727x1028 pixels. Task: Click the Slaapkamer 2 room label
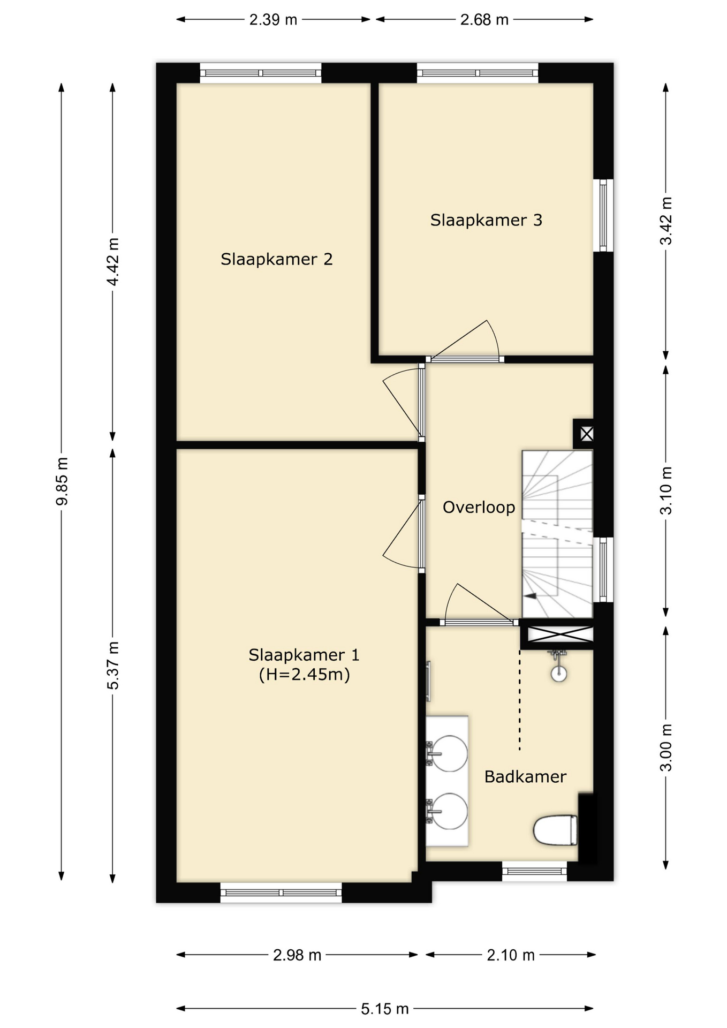click(x=276, y=260)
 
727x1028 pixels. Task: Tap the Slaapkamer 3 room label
click(x=486, y=220)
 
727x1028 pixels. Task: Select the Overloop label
click(x=479, y=507)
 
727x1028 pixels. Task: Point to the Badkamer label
click(x=525, y=776)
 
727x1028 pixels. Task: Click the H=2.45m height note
click(x=304, y=674)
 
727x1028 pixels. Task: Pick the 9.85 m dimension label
click(x=62, y=481)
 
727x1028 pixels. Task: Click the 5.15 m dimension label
click(x=384, y=1009)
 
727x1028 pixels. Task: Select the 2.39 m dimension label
click(x=273, y=20)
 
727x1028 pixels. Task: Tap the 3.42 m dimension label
click(x=665, y=221)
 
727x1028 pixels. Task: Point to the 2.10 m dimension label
click(x=511, y=955)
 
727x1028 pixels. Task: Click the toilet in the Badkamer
click(x=556, y=830)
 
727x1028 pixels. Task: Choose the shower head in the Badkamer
click(x=558, y=667)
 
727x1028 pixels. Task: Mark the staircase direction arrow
click(x=531, y=595)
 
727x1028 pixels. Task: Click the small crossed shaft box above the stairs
click(x=586, y=434)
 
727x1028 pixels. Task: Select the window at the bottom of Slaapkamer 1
click(x=281, y=893)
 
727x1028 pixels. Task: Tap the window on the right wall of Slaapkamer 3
click(x=603, y=215)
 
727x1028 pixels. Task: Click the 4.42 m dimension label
click(x=113, y=262)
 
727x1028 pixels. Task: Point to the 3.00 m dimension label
click(x=665, y=747)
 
